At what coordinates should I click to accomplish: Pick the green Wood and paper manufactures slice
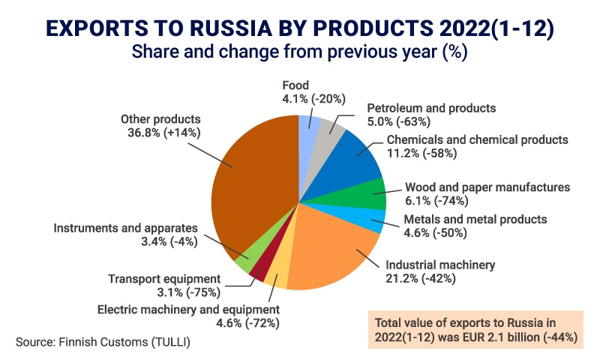(x=367, y=194)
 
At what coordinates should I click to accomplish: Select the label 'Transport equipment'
(x=164, y=278)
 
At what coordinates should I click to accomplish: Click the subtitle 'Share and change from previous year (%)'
(x=299, y=52)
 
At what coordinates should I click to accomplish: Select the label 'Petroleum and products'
(x=431, y=108)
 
